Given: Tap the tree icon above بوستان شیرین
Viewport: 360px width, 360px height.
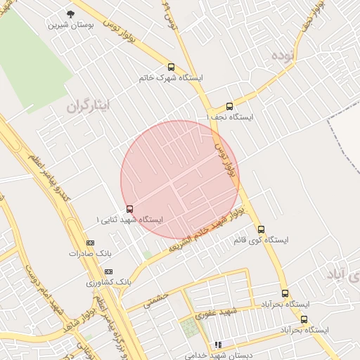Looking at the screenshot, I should point(69,13).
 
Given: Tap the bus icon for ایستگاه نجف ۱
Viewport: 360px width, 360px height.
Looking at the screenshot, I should point(229,106).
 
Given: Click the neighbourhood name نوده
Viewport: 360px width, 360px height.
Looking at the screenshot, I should point(285,54).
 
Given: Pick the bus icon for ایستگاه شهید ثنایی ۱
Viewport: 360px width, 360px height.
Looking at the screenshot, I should point(129,209).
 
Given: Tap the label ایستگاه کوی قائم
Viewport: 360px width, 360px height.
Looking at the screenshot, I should point(261,240).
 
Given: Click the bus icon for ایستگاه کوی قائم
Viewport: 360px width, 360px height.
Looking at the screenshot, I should point(261,229).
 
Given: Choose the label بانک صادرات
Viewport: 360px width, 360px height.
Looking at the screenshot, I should point(91,253).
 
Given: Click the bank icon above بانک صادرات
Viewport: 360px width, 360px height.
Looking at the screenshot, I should point(89,243).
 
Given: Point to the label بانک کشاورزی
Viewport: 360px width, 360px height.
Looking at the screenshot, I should point(109,282).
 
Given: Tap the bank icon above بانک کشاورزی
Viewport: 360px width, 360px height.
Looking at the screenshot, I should point(108,271).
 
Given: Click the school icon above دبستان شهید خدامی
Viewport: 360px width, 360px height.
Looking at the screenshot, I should point(218,345).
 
